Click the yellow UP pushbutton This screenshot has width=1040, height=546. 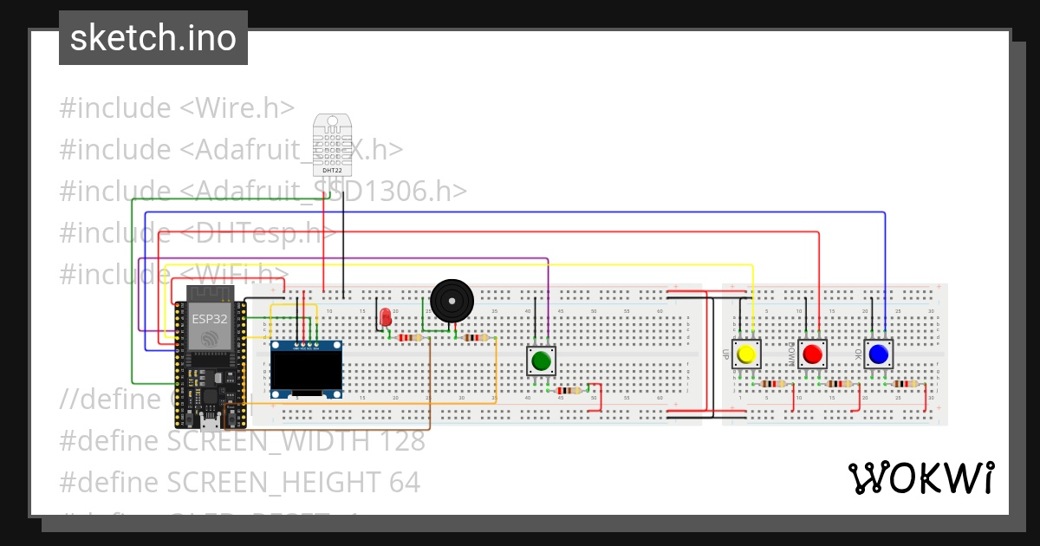click(745, 354)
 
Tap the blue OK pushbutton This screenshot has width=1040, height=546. click(878, 354)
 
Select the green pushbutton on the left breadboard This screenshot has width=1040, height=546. click(543, 361)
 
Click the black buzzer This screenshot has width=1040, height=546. click(452, 301)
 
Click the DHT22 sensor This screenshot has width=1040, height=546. click(329, 141)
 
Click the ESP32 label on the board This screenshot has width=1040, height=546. click(210, 318)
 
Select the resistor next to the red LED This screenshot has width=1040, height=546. click(409, 338)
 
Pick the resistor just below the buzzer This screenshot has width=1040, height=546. click(475, 338)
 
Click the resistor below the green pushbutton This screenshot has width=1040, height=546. click(568, 390)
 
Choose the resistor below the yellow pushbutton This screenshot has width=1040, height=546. click(771, 383)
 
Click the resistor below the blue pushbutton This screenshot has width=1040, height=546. click(905, 383)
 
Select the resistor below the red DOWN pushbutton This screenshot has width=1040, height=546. click(839, 383)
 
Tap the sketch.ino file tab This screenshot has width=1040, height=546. click(153, 38)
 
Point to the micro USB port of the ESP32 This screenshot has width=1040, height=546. click(208, 423)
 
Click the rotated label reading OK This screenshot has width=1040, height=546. click(858, 354)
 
